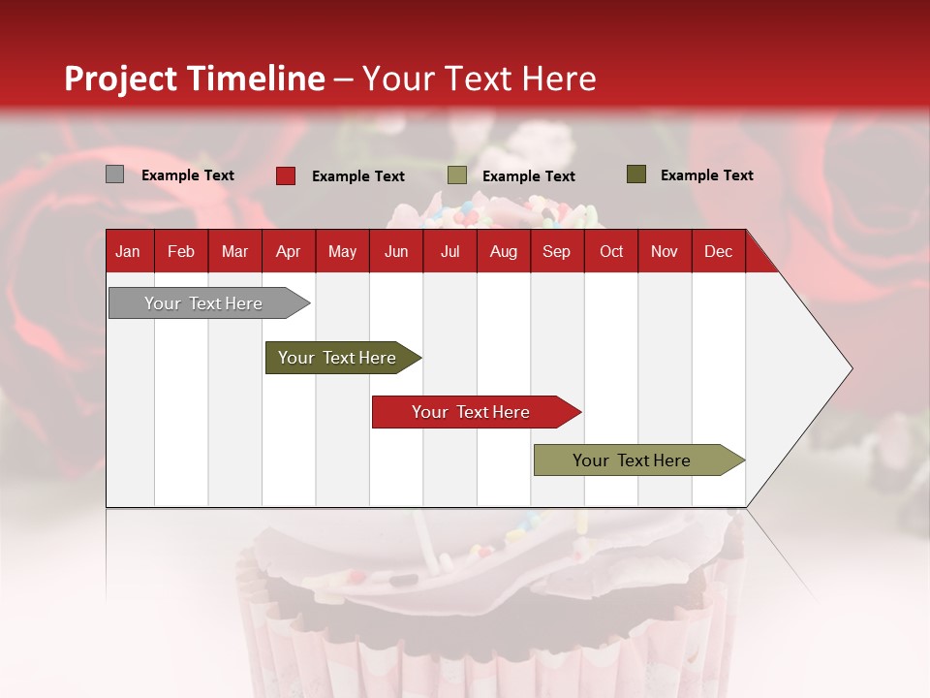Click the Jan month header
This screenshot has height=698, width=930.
point(129,251)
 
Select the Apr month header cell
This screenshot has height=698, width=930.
point(289,251)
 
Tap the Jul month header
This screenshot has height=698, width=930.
point(449,251)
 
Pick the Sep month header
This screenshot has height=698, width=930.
point(557,251)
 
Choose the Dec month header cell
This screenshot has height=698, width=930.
point(718,251)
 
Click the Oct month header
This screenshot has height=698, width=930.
point(611,251)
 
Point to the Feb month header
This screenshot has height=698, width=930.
point(181,251)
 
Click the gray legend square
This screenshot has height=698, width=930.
point(115,174)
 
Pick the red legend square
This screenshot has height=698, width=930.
point(286,175)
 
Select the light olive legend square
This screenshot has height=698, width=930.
point(457,175)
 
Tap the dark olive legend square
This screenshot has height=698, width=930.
point(636,174)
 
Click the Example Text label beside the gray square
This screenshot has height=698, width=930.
point(188,175)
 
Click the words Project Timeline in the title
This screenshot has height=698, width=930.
point(194,79)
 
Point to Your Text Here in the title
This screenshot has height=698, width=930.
point(479,79)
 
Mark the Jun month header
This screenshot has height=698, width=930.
point(396,251)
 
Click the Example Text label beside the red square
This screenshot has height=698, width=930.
point(358,176)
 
